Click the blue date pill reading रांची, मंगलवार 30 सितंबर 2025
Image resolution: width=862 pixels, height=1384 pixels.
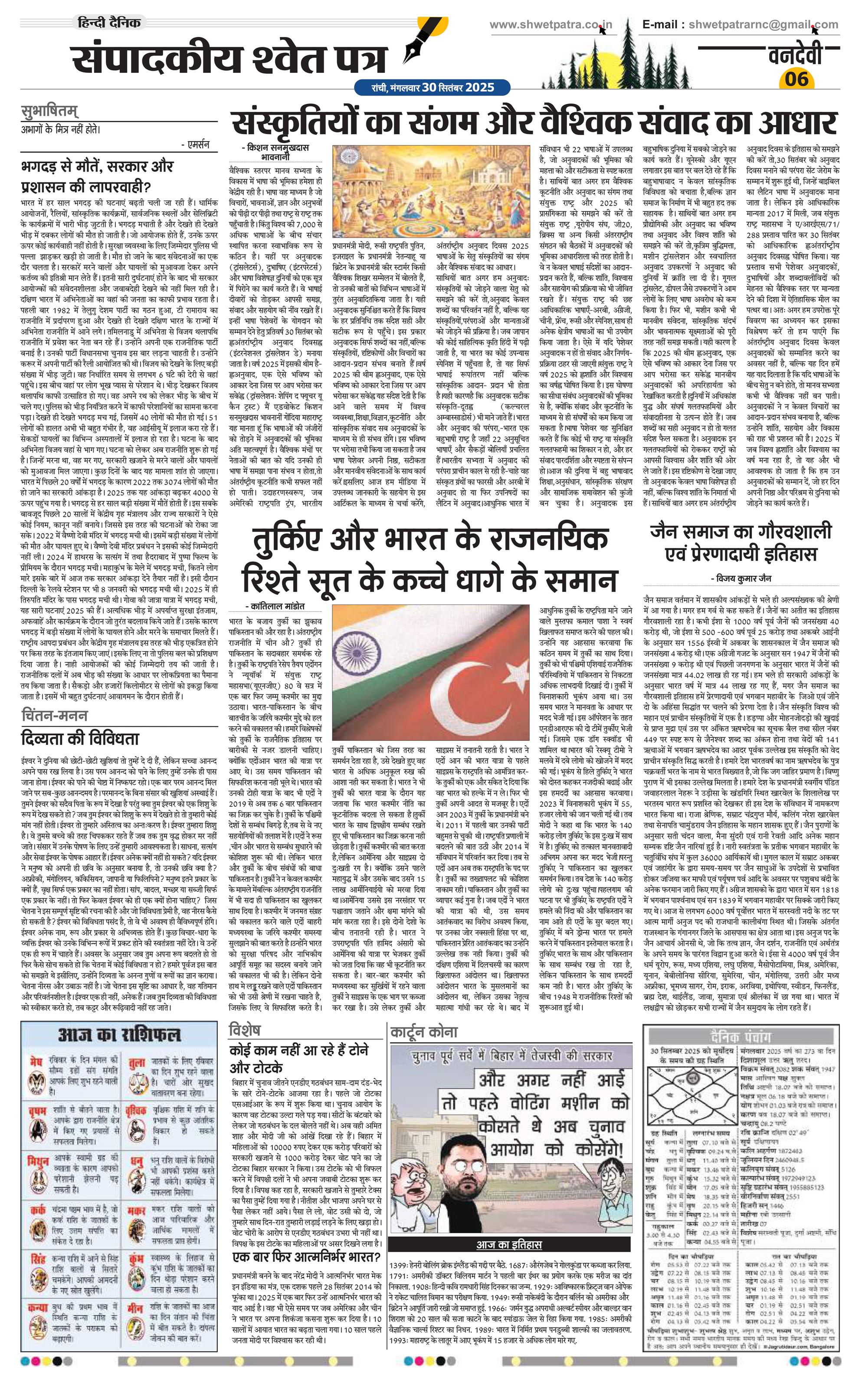coord(424,88)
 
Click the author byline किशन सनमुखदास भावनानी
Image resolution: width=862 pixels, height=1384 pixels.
coord(276,151)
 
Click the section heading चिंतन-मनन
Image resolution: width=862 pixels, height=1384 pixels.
coord(54,716)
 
